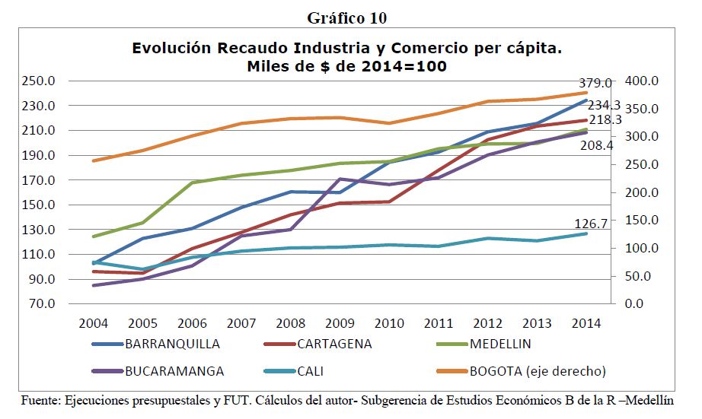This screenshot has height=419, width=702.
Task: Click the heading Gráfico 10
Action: [x=351, y=17]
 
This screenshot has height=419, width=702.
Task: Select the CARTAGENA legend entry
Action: [x=334, y=344]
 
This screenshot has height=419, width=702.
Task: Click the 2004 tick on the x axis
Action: [x=94, y=323]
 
